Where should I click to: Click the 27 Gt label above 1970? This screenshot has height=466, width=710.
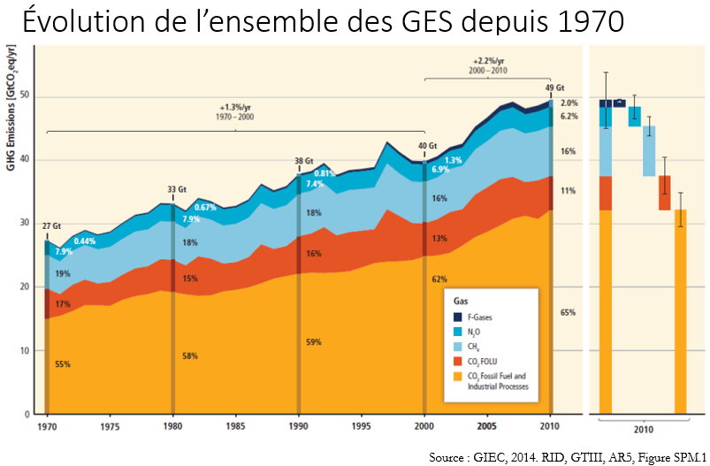click(52, 225)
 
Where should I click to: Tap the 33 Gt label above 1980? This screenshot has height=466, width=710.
click(177, 188)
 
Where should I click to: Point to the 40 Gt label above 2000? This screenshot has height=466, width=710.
click(428, 146)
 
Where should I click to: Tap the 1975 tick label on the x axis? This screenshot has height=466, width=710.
click(109, 425)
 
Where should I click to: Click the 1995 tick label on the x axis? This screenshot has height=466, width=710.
click(363, 425)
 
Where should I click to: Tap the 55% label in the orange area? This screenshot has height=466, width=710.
click(61, 364)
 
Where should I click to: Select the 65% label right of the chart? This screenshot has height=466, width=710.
click(569, 313)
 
